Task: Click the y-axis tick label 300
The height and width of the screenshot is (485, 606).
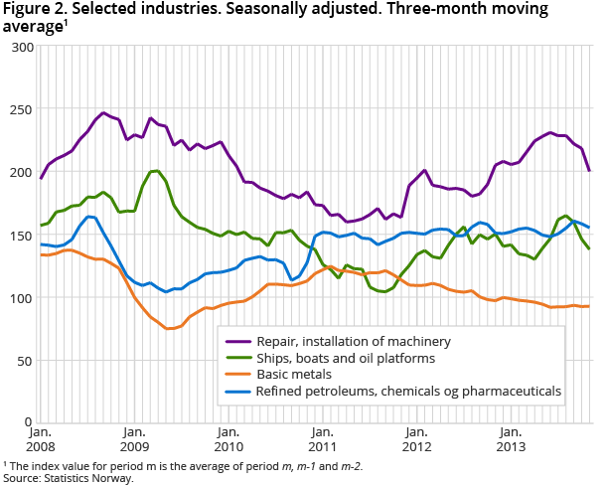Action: [x=20, y=47]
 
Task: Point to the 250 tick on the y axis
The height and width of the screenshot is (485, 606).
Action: [x=20, y=109]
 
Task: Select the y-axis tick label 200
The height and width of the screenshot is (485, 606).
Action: [x=20, y=172]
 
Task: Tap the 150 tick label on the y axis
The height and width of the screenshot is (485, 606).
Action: [x=20, y=235]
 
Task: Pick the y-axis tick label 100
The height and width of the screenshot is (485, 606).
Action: [x=20, y=297]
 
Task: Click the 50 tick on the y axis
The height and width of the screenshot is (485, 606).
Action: [x=24, y=360]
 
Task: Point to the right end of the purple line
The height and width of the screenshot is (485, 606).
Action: [x=589, y=171]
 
